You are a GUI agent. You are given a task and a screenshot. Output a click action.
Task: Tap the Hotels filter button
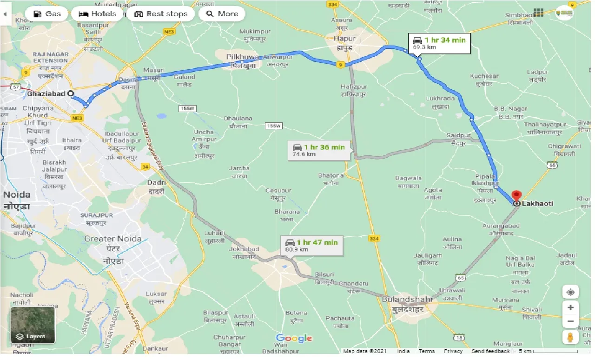coord(98,13)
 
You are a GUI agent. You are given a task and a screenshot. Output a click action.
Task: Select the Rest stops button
coord(160,13)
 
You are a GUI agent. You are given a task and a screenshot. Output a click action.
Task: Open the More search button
coord(222,13)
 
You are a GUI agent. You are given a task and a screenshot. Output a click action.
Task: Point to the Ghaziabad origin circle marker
coord(71,93)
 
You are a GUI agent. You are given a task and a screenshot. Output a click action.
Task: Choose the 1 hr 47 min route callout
coord(311,246)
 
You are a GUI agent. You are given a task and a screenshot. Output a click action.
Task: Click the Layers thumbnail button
coord(33,325)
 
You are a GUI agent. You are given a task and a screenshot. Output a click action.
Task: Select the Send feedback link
coord(490,351)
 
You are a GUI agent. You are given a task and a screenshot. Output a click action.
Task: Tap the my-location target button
coord(570,292)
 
